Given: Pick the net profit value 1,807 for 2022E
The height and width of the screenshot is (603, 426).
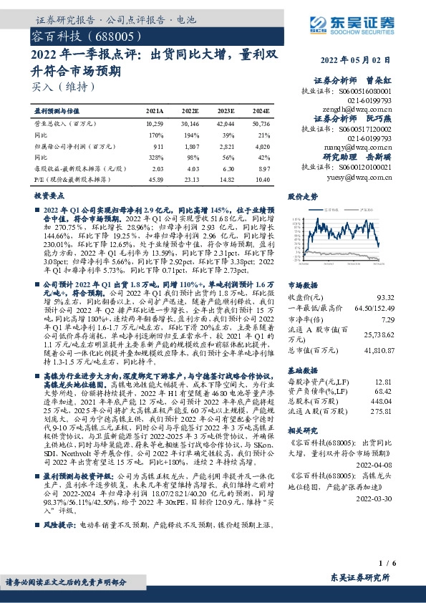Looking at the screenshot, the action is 190,145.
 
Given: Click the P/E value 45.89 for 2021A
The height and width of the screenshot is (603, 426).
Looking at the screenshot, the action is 154,178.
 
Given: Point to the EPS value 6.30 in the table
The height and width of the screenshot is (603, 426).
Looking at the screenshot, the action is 226,168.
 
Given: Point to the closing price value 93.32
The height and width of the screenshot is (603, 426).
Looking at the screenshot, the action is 385,296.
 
